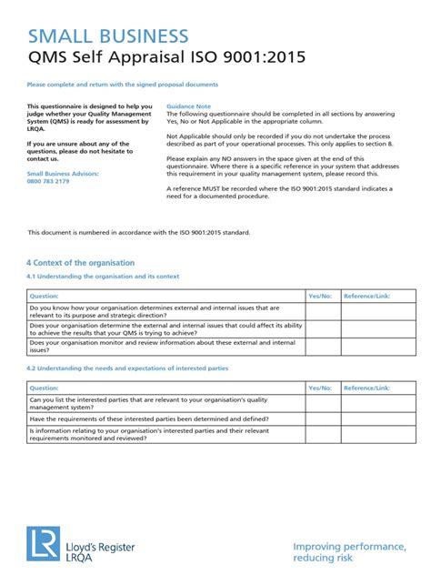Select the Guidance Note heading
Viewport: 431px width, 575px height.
coord(189,106)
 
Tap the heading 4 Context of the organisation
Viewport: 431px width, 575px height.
coord(80,262)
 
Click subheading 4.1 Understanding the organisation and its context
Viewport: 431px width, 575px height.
coord(103,276)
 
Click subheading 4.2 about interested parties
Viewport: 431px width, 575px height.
coord(127,368)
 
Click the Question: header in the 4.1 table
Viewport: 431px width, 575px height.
coord(45,296)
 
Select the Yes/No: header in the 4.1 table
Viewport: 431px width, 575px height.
coord(320,296)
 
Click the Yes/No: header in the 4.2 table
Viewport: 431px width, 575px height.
coord(320,388)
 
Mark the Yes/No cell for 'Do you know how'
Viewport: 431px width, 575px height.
coord(323,312)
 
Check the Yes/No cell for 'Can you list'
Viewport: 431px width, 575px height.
coord(323,403)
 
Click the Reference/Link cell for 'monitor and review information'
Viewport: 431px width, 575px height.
coord(379,346)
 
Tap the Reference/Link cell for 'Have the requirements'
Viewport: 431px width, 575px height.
coord(379,419)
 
